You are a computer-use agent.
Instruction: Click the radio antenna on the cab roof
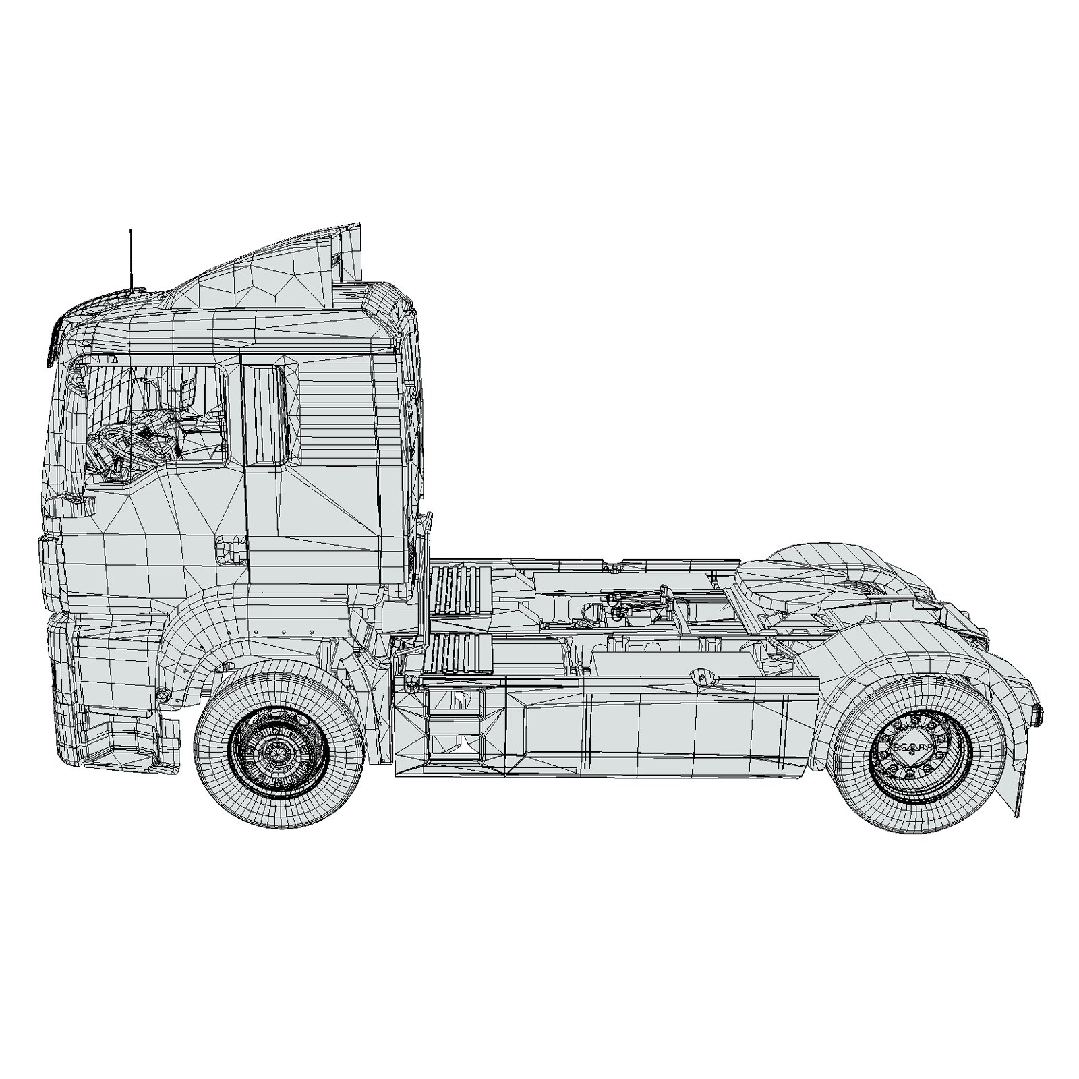pyautogui.click(x=131, y=260)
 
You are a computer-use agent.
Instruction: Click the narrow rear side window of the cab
pyautogui.click(x=264, y=414)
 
